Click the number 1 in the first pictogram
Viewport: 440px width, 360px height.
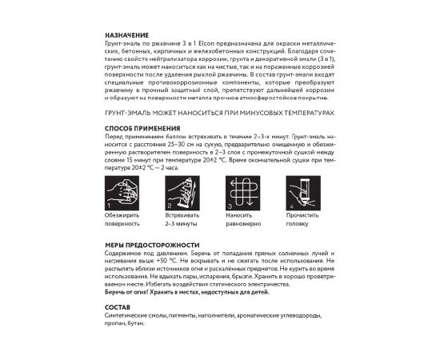[109, 206]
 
